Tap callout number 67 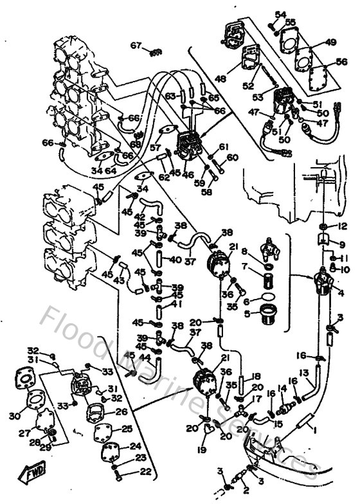tap(135, 45)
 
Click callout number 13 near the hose tap(305, 373)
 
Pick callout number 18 tap(256, 377)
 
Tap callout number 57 tap(155, 147)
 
